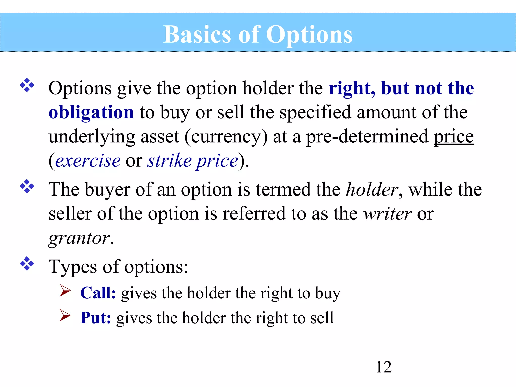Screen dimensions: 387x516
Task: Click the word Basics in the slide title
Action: click(197, 35)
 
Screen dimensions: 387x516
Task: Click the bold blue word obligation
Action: click(91, 112)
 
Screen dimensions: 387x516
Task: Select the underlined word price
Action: click(454, 137)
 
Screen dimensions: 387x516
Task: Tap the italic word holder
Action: click(372, 189)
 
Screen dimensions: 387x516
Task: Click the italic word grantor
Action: click(79, 238)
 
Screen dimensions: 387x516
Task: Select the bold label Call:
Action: click(98, 293)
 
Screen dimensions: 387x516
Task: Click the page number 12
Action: click(383, 367)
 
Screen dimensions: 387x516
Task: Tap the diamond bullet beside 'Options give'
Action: click(27, 85)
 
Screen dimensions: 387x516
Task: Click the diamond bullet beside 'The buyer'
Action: click(27, 186)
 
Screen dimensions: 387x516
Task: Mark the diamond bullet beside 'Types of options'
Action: click(27, 264)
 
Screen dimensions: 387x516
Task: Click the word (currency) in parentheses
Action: click(226, 137)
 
